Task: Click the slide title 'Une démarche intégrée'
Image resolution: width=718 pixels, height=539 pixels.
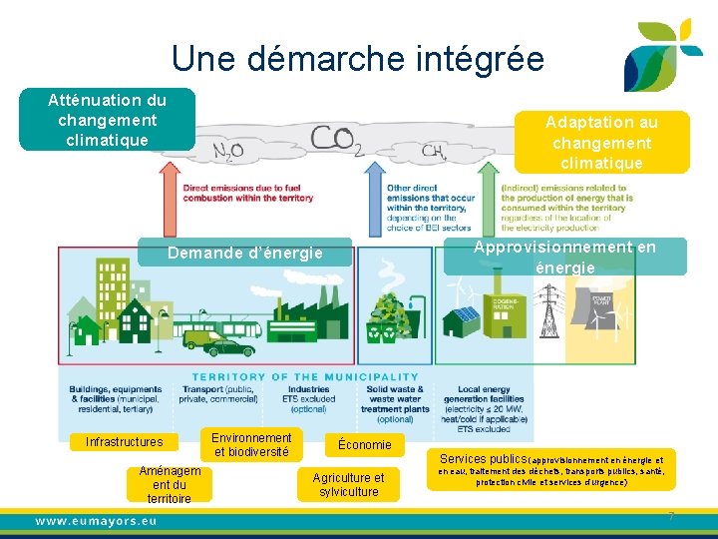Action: click(357, 59)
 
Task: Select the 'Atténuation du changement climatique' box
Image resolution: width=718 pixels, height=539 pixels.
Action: click(108, 120)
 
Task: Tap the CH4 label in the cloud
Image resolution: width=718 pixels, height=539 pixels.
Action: click(433, 151)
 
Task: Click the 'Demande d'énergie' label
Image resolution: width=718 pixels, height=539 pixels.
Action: click(245, 254)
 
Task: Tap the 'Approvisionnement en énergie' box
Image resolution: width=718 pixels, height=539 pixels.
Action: click(564, 257)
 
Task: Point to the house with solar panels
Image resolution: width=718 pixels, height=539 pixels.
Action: click(462, 318)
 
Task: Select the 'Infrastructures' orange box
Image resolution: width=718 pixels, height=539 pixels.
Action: click(125, 442)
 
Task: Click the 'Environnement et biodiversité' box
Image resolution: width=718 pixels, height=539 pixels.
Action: click(251, 445)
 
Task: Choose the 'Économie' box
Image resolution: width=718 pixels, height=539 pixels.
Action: click(365, 444)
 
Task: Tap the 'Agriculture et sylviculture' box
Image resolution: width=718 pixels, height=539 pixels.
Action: click(348, 485)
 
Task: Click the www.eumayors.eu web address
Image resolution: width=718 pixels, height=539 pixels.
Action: click(96, 521)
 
